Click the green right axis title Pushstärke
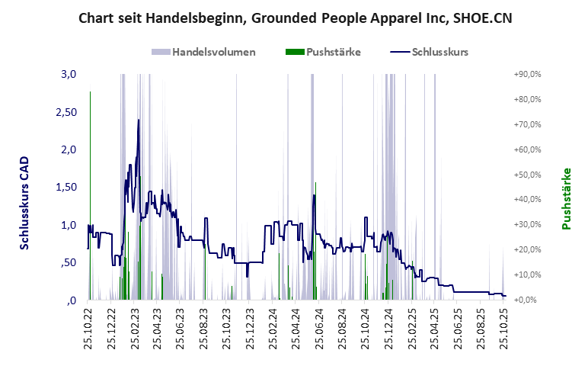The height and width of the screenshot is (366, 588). tap(566, 199)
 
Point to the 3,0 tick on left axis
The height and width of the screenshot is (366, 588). tap(69, 74)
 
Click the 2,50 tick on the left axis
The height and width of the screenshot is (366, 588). tap(67, 112)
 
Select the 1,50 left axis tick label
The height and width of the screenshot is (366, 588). tap(67, 188)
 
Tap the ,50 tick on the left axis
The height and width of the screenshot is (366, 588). tap(69, 263)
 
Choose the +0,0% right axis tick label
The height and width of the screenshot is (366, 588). tap(528, 300)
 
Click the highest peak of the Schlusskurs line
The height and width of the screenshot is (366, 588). tap(138, 120)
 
